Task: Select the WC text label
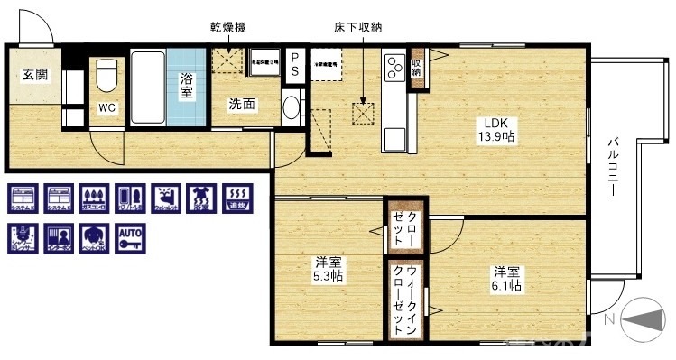pos(106,108)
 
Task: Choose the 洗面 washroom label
pos(242,105)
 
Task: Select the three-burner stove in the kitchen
pos(394,66)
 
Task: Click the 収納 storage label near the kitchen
pos(416,67)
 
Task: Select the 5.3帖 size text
pos(328,276)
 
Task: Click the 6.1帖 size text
pos(506,285)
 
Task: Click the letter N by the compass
pos(609,317)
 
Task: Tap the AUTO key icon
pos(131,238)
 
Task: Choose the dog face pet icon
pos(91,238)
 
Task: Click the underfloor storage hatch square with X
pos(364,113)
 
